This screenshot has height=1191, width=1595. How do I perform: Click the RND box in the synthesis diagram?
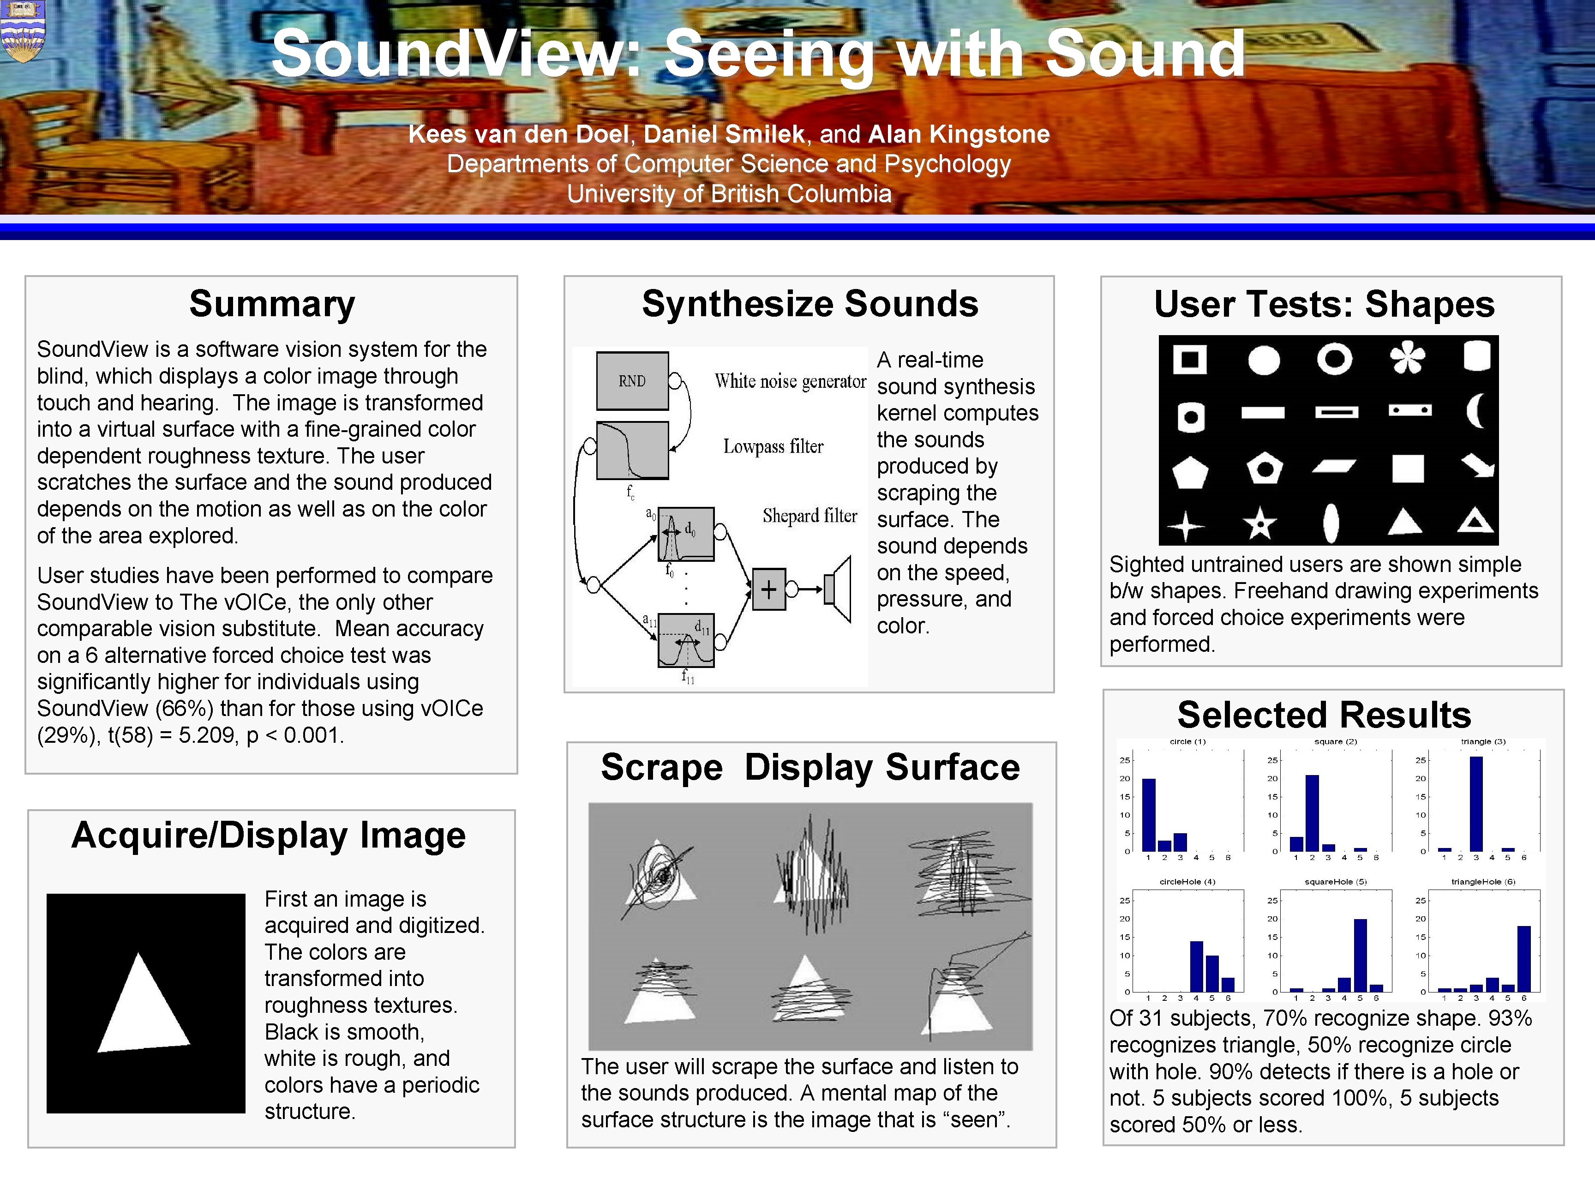[632, 381]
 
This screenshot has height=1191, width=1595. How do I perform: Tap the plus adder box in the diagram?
[768, 589]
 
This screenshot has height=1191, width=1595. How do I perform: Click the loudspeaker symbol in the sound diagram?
[838, 589]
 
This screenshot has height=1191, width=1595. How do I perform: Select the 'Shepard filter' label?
[809, 516]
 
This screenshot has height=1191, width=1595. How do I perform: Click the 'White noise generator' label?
[790, 381]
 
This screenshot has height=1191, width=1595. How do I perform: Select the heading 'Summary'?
[272, 303]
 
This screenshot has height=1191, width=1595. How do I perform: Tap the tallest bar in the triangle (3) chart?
[1476, 803]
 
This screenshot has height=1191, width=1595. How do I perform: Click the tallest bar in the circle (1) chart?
[1148, 815]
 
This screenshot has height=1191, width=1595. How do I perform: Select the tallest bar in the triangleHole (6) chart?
[1523, 958]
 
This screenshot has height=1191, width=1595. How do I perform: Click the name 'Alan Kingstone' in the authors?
[959, 134]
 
